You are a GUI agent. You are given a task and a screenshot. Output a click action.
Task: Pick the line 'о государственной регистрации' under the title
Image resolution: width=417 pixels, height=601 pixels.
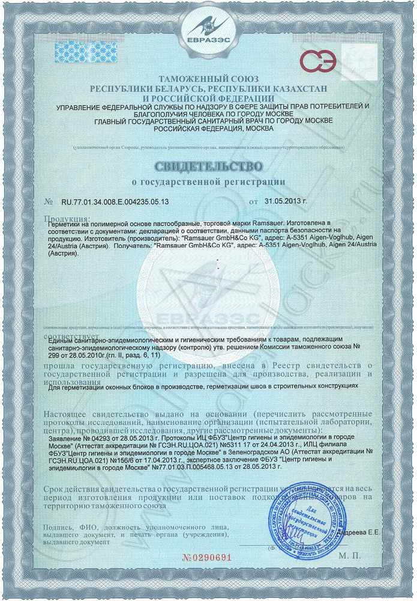(x=208, y=181)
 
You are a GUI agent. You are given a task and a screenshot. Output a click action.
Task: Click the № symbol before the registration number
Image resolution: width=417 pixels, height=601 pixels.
(x=49, y=202)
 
